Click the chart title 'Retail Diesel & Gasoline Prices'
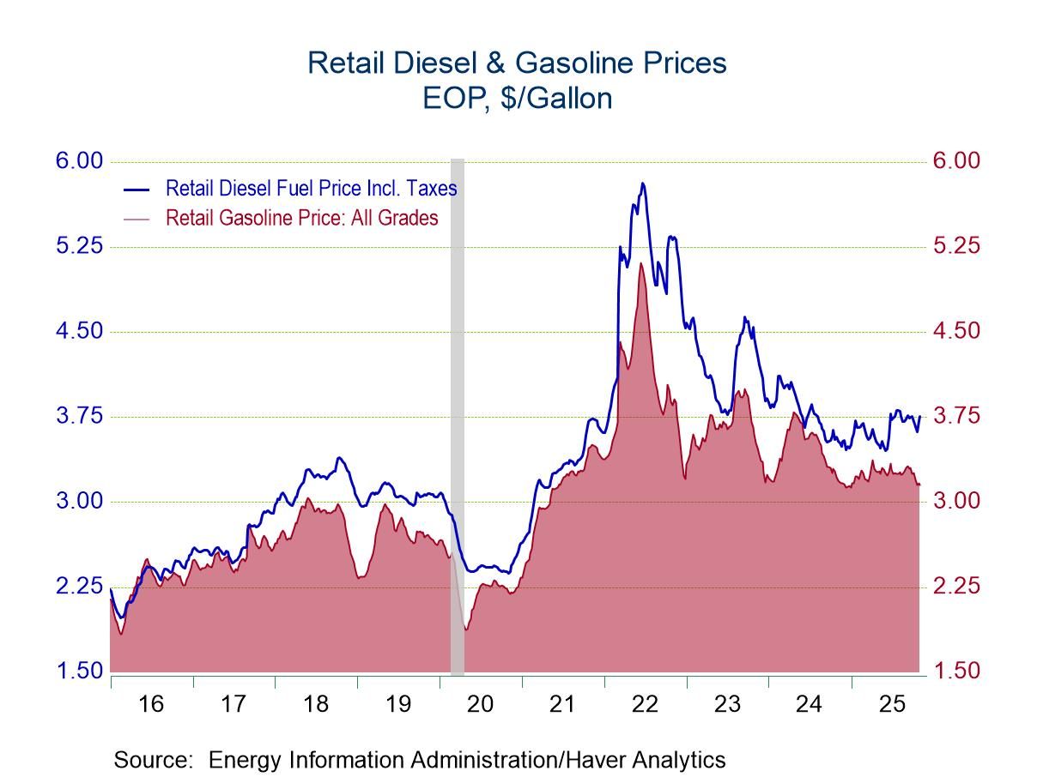coord(517,63)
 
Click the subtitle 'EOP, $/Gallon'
coord(517,99)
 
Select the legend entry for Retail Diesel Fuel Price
coord(311,188)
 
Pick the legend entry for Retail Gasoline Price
coord(301,218)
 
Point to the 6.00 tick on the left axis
coord(80,161)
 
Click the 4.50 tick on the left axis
coord(80,331)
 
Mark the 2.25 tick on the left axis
coord(80,587)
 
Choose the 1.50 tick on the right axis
coord(955,671)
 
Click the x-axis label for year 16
coord(151,704)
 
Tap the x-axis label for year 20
coord(480,704)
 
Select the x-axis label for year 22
coord(645,704)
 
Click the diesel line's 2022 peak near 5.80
coord(642,184)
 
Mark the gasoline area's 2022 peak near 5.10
coord(640,263)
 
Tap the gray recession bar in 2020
coord(458,412)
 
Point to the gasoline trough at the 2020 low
coord(466,629)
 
